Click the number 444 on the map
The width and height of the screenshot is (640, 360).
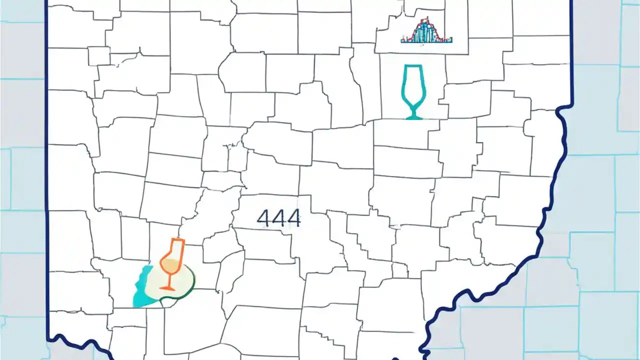pos(278,218)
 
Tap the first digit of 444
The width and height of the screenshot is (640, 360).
pos(263,218)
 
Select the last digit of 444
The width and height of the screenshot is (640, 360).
pos(293,218)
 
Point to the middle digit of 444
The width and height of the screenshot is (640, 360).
pos(278,218)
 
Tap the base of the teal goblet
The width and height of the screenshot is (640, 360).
pos(413,117)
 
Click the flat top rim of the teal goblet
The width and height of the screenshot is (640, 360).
pos(412,66)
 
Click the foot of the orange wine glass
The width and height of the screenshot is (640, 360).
pos(168,288)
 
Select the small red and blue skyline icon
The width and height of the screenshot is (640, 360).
pos(426,31)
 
